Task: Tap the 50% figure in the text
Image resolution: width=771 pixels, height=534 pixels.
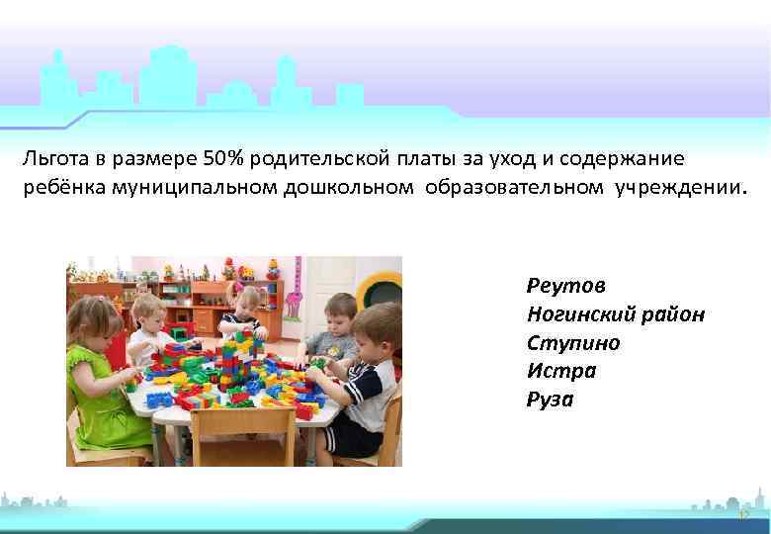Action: tap(222, 157)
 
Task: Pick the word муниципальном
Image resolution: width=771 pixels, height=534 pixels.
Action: tap(188, 187)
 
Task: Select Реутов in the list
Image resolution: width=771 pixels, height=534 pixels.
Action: tap(566, 285)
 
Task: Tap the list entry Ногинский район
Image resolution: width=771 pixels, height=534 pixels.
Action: tap(616, 313)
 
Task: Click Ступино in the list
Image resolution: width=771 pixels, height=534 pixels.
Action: tap(574, 342)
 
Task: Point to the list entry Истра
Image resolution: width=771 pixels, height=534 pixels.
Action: tap(561, 371)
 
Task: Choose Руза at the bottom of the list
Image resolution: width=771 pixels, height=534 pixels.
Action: tap(551, 400)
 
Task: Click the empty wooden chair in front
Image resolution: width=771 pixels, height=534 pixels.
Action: tap(226, 435)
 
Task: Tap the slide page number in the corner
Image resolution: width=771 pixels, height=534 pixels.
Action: tap(743, 515)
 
